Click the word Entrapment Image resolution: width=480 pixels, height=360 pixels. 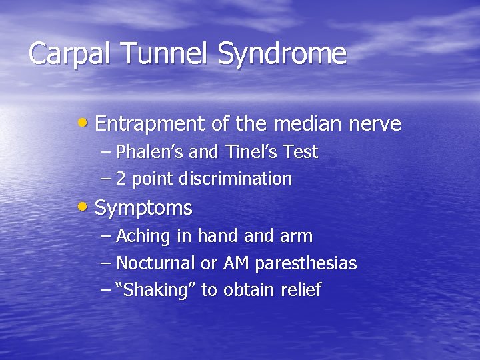tap(153, 125)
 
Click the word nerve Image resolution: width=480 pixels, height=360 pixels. tap(377, 124)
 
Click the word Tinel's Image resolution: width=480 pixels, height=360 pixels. tap(247, 152)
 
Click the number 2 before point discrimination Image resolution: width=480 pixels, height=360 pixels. tap(121, 179)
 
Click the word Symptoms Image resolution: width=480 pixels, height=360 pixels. tap(143, 209)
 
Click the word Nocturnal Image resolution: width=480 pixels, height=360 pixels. tap(156, 263)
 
